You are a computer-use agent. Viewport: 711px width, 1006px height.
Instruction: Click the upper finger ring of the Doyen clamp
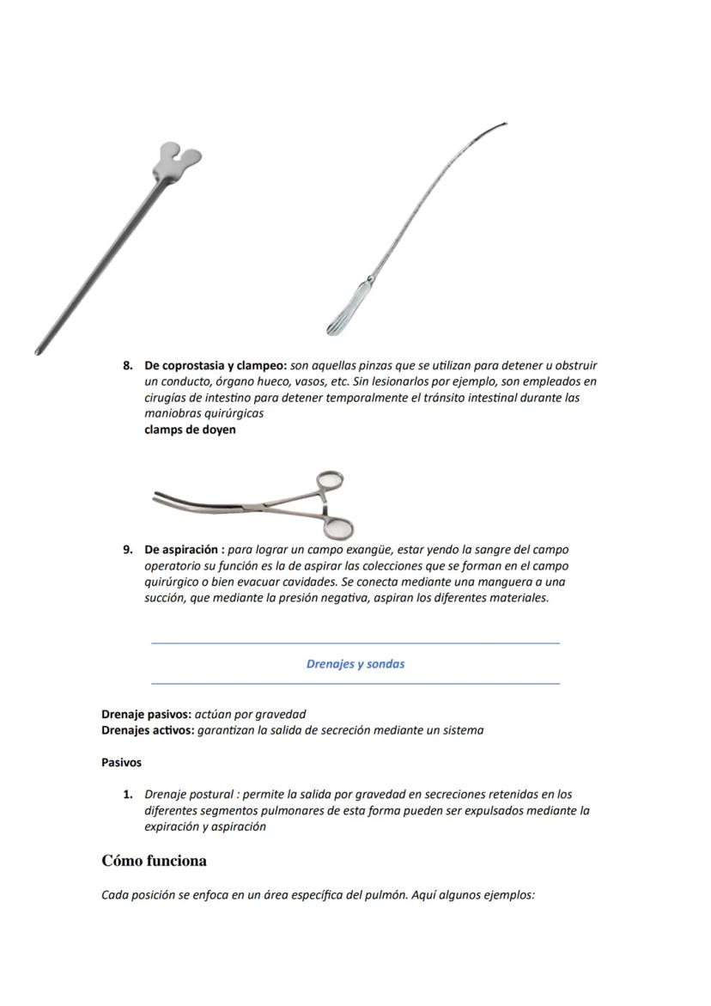pos(330,482)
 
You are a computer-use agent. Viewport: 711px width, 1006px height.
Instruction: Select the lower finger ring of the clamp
pos(341,527)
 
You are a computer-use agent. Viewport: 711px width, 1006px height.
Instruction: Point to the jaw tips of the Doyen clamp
pos(158,495)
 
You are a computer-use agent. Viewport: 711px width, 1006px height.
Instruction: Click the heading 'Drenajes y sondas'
pos(355,663)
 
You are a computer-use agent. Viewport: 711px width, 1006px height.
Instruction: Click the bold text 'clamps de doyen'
pos(190,430)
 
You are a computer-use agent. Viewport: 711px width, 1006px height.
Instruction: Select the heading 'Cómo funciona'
pos(154,860)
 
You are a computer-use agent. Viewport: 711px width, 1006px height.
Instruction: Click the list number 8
pos(127,365)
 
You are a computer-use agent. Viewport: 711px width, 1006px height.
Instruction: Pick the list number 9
pos(127,549)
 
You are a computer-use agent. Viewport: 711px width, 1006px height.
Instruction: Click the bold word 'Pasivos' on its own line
pos(121,762)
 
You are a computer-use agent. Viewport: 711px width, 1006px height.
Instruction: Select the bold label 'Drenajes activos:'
pos(147,730)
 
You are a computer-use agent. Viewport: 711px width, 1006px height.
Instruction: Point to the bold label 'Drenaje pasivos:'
pos(146,714)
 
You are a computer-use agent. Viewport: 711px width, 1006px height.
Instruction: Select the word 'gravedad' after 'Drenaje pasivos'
pos(281,714)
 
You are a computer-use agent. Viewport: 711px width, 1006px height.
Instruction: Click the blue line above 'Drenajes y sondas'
pos(355,643)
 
